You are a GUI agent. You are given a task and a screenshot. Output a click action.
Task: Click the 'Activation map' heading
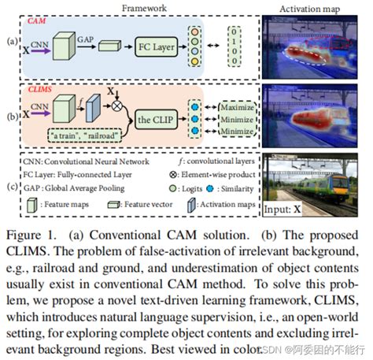tap(315, 7)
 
